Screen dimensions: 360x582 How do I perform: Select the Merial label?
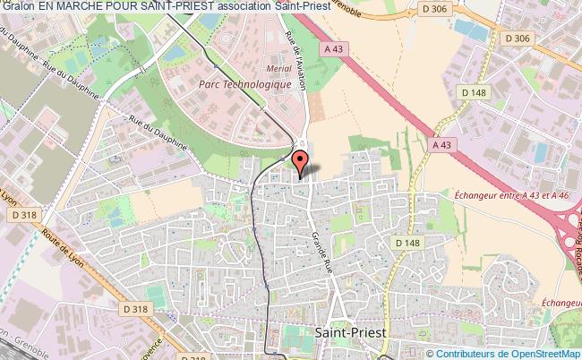click(x=280, y=66)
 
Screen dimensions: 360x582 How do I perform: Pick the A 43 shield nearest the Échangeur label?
click(x=440, y=143)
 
